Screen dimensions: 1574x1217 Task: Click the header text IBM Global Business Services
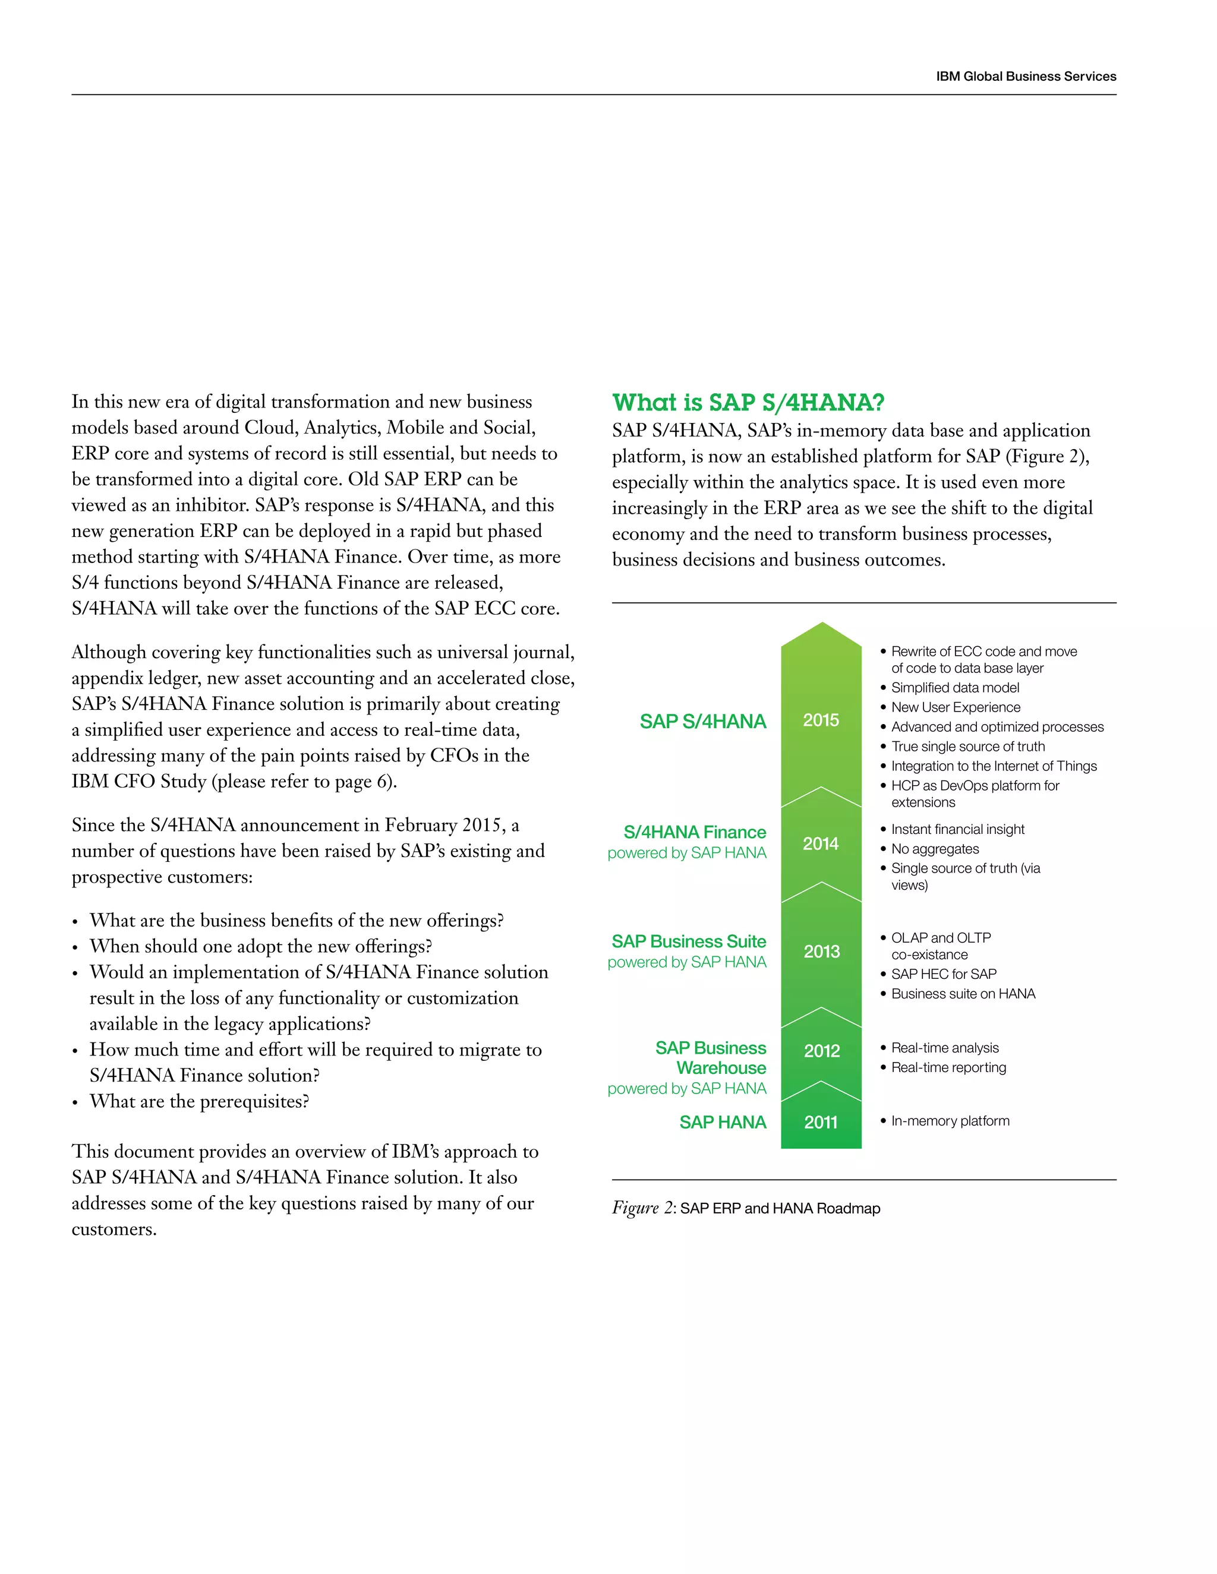[x=1025, y=77]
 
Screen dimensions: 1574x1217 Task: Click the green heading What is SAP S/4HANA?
[x=748, y=402]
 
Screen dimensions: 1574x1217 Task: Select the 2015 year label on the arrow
[x=821, y=720]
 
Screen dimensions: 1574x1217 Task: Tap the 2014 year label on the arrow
[x=821, y=843]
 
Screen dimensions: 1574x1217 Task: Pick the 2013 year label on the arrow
[x=821, y=952]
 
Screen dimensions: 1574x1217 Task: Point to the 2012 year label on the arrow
[x=821, y=1051]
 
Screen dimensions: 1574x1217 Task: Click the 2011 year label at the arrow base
[x=821, y=1122]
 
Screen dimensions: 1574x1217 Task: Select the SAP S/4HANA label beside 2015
[x=702, y=722]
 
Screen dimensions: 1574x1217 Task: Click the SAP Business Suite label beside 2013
[x=689, y=941]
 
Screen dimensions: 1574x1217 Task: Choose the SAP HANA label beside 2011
[x=723, y=1122]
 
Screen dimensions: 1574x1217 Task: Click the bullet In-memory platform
[x=950, y=1121]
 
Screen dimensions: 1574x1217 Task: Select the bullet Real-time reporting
[x=948, y=1067]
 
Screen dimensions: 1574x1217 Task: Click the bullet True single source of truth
[x=967, y=747]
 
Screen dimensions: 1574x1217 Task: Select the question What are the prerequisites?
[x=199, y=1101]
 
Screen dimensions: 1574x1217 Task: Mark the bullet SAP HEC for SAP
[x=943, y=974]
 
